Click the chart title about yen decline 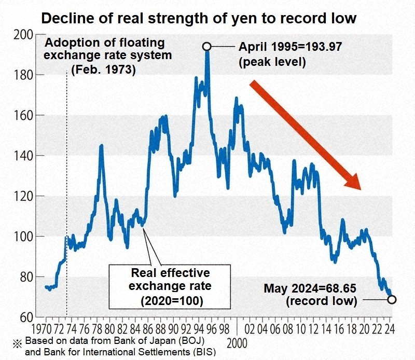coord(199,18)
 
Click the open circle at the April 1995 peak coord(206,47)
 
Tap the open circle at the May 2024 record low coord(392,299)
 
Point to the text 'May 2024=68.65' coord(309,288)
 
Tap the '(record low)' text coord(322,301)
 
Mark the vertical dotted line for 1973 coord(67,156)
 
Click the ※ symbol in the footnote coord(17,342)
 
